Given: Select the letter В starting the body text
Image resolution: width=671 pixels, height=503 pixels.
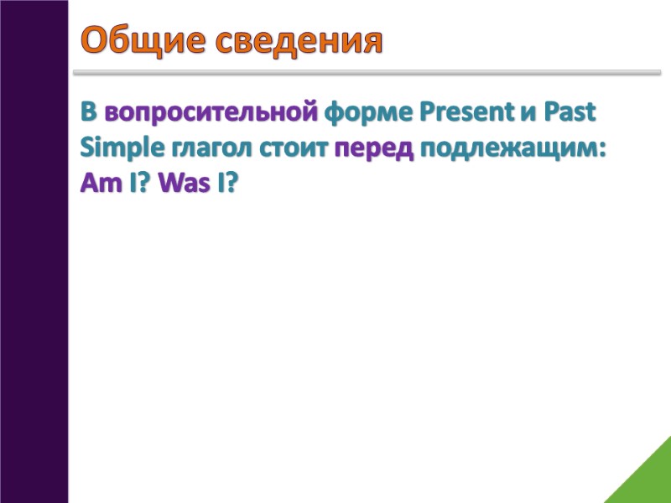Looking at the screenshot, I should click(x=89, y=111).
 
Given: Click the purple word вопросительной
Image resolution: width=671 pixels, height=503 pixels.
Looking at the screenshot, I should click(x=211, y=111).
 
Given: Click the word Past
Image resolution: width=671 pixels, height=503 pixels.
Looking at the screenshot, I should click(x=570, y=111).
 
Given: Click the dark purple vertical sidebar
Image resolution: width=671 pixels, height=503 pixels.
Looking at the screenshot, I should click(x=34, y=251).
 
